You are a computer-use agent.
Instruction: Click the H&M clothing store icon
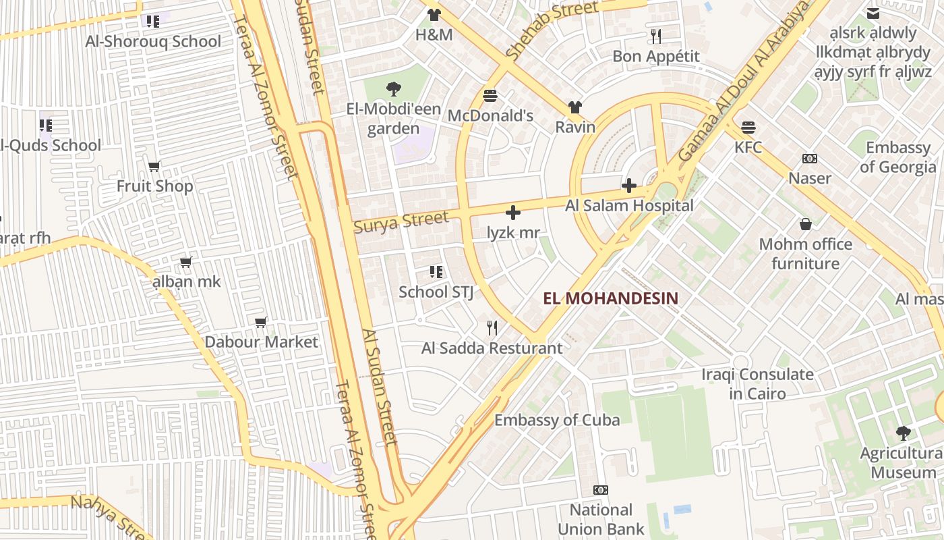[x=434, y=15]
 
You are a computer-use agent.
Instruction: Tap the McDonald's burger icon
[x=490, y=96]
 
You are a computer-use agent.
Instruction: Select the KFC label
[x=748, y=147]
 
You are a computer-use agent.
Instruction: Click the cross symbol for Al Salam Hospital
[x=628, y=186]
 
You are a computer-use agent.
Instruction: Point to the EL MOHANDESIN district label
[x=610, y=298]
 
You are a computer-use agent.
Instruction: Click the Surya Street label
[x=401, y=221]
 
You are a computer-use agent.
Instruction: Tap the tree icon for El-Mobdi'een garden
[x=394, y=89]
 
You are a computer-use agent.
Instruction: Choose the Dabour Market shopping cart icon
[x=261, y=322]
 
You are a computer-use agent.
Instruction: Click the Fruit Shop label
[x=155, y=186]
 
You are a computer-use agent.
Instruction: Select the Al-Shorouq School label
[x=153, y=42]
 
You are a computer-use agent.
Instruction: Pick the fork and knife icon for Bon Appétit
[x=656, y=36]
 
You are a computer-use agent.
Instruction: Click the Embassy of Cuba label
[x=557, y=420]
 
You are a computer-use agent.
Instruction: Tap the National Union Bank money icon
[x=600, y=490]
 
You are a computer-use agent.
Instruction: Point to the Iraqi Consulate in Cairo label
[x=757, y=384]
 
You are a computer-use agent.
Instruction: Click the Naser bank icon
[x=810, y=159]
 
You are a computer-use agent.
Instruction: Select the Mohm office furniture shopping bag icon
[x=805, y=224]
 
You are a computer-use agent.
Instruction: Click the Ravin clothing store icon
[x=575, y=107]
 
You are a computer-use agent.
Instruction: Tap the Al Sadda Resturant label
[x=492, y=349]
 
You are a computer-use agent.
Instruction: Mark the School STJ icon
[x=436, y=272]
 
